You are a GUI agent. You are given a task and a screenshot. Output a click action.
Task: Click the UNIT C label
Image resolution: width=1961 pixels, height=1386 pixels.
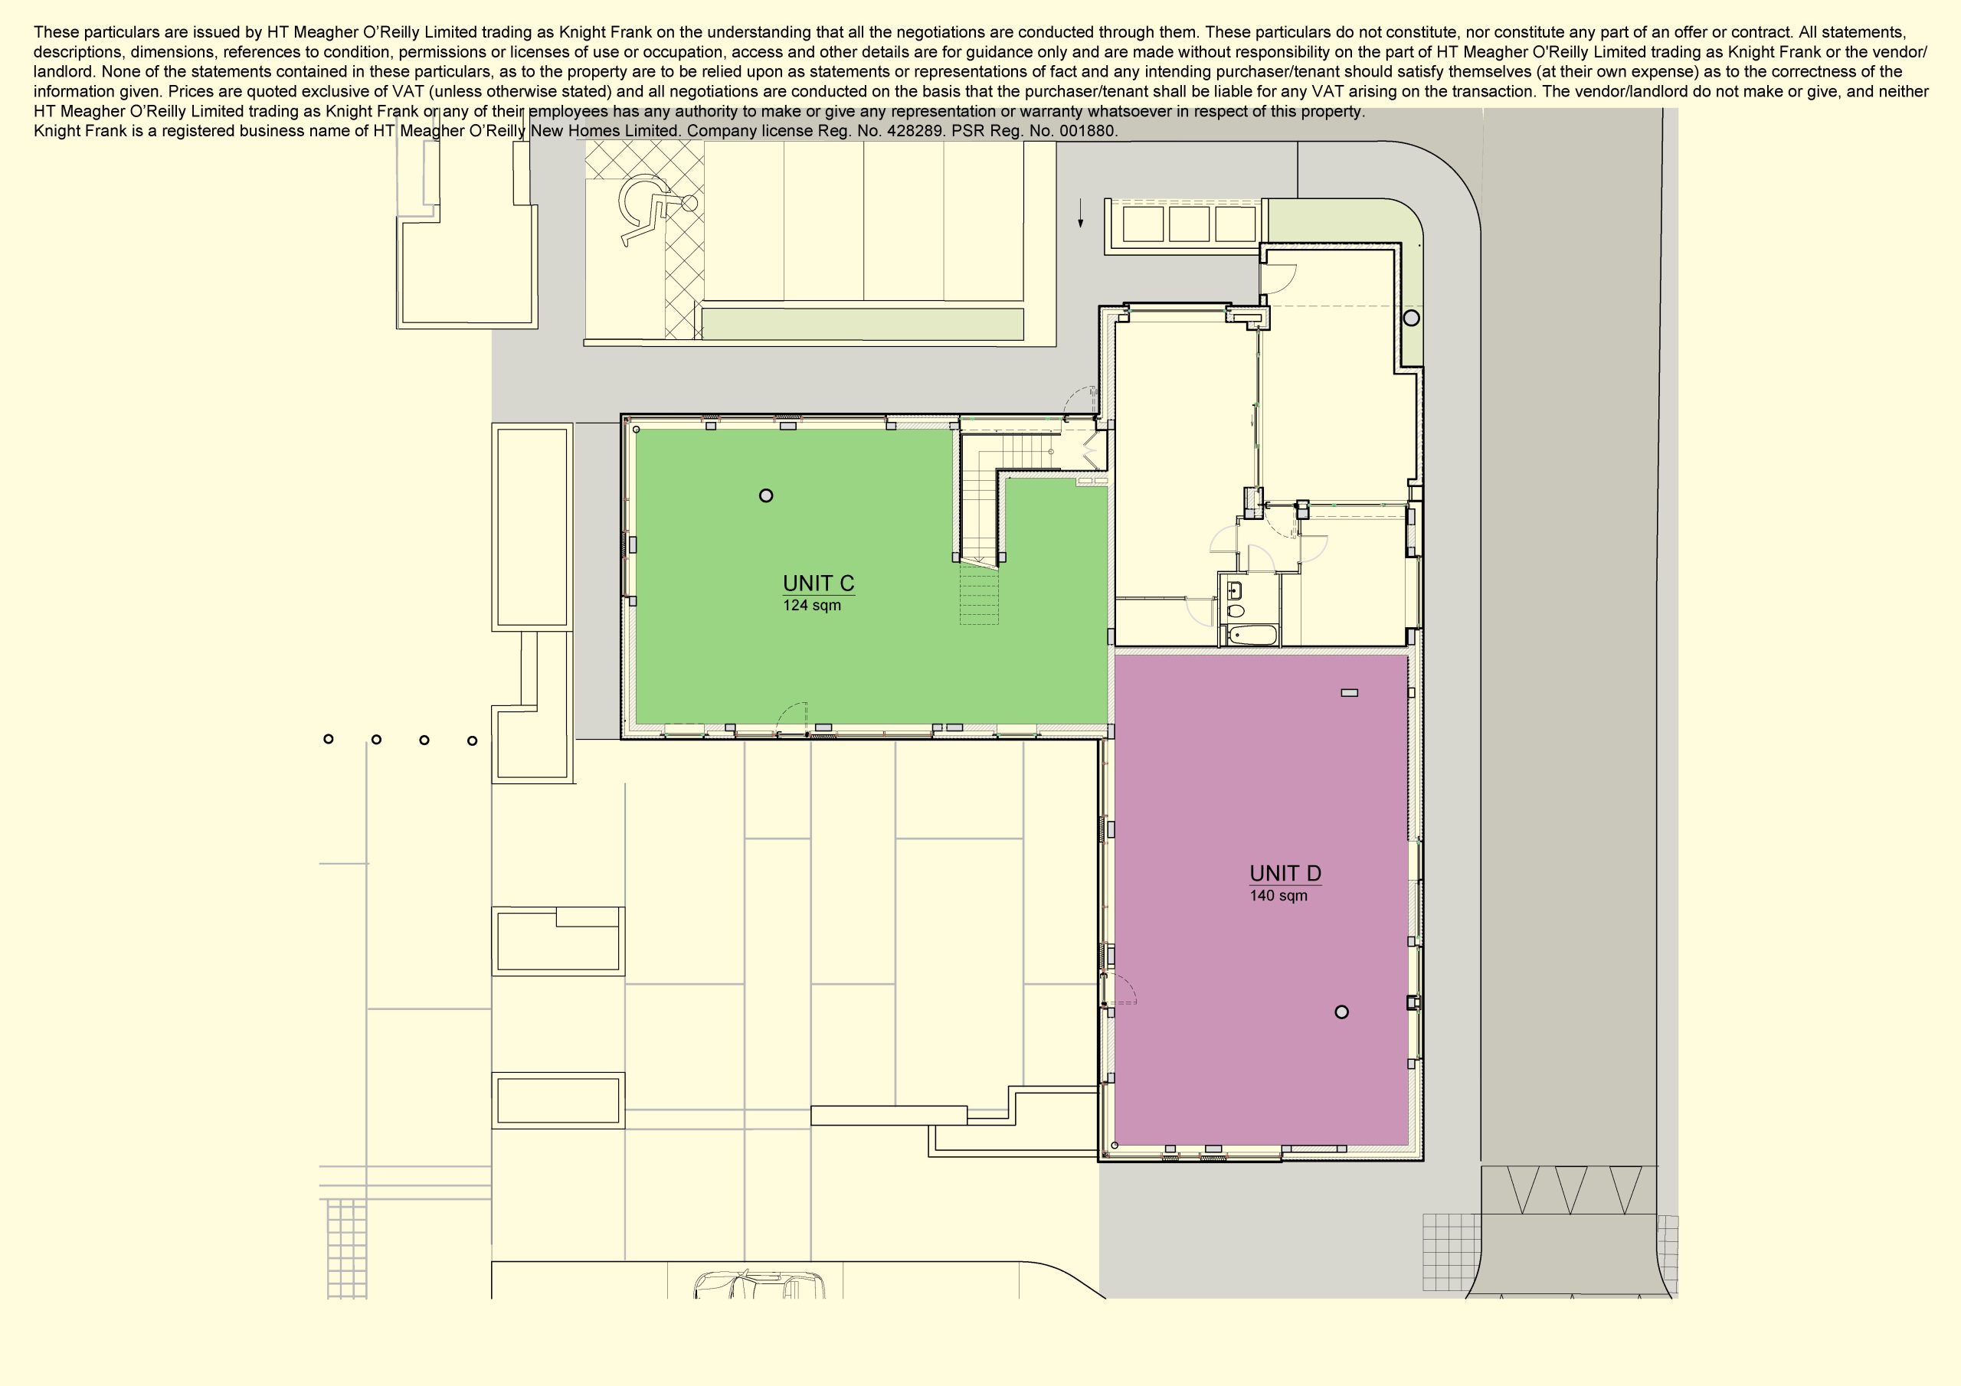[x=818, y=583]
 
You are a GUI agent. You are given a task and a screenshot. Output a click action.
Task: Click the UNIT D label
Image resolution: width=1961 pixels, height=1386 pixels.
[x=1285, y=874]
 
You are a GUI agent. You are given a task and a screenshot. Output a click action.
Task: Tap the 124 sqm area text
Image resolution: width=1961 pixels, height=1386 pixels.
[x=811, y=606]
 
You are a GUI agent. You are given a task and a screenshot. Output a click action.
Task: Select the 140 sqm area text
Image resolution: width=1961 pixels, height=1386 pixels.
[x=1278, y=896]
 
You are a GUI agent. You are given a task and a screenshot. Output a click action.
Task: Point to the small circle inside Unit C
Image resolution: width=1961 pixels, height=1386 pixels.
[x=766, y=495]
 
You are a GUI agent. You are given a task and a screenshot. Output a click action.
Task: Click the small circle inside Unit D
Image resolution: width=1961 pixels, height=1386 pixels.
[x=1341, y=1012]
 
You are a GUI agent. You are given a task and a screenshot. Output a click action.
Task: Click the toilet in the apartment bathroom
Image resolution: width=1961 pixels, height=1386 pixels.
[x=1235, y=610]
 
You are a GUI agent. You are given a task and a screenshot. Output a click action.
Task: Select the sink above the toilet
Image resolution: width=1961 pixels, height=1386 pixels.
[x=1235, y=590]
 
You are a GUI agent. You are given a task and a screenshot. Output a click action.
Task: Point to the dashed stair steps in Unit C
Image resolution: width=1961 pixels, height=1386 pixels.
[x=979, y=593]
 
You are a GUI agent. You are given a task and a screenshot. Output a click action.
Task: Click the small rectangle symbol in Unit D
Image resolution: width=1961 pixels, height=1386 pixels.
[x=1350, y=692]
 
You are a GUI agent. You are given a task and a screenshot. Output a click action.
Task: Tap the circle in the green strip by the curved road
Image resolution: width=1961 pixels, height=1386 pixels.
[x=1412, y=318]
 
